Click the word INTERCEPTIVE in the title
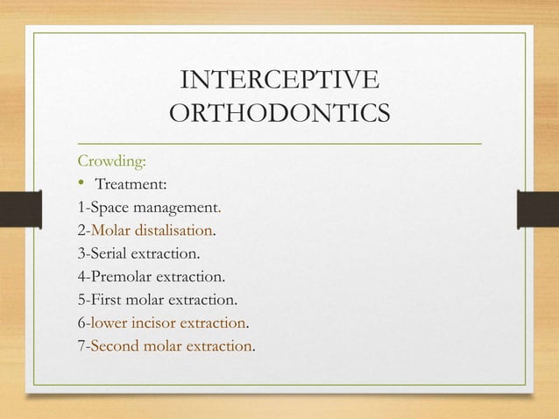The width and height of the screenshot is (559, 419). point(279,82)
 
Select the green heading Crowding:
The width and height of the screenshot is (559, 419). point(112,161)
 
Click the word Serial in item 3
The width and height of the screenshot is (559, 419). point(110,254)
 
